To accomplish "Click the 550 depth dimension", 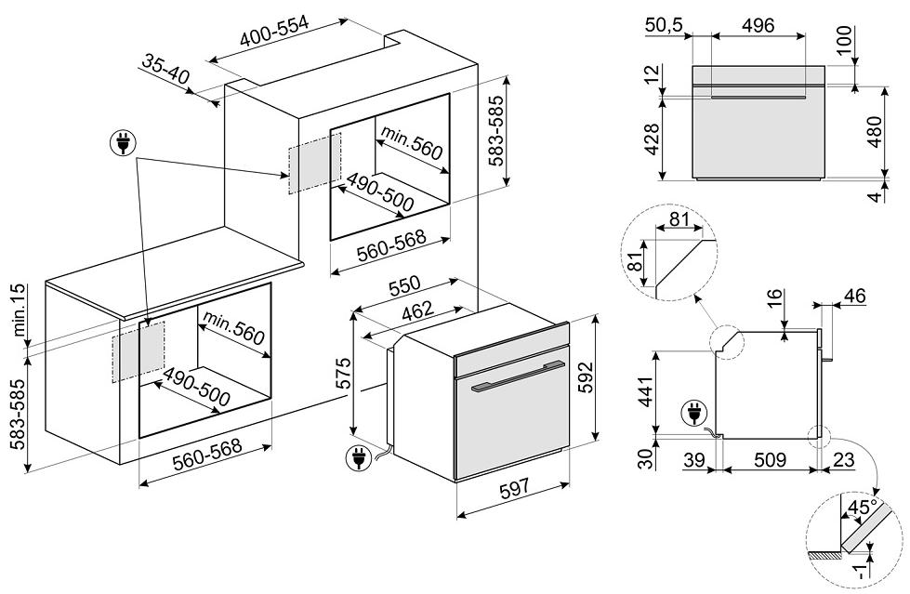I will click(x=406, y=284).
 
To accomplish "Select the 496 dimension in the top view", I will click(x=758, y=26).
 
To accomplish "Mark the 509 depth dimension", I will click(x=770, y=460).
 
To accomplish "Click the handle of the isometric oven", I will click(x=518, y=376).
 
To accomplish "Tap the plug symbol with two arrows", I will click(x=123, y=143).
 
